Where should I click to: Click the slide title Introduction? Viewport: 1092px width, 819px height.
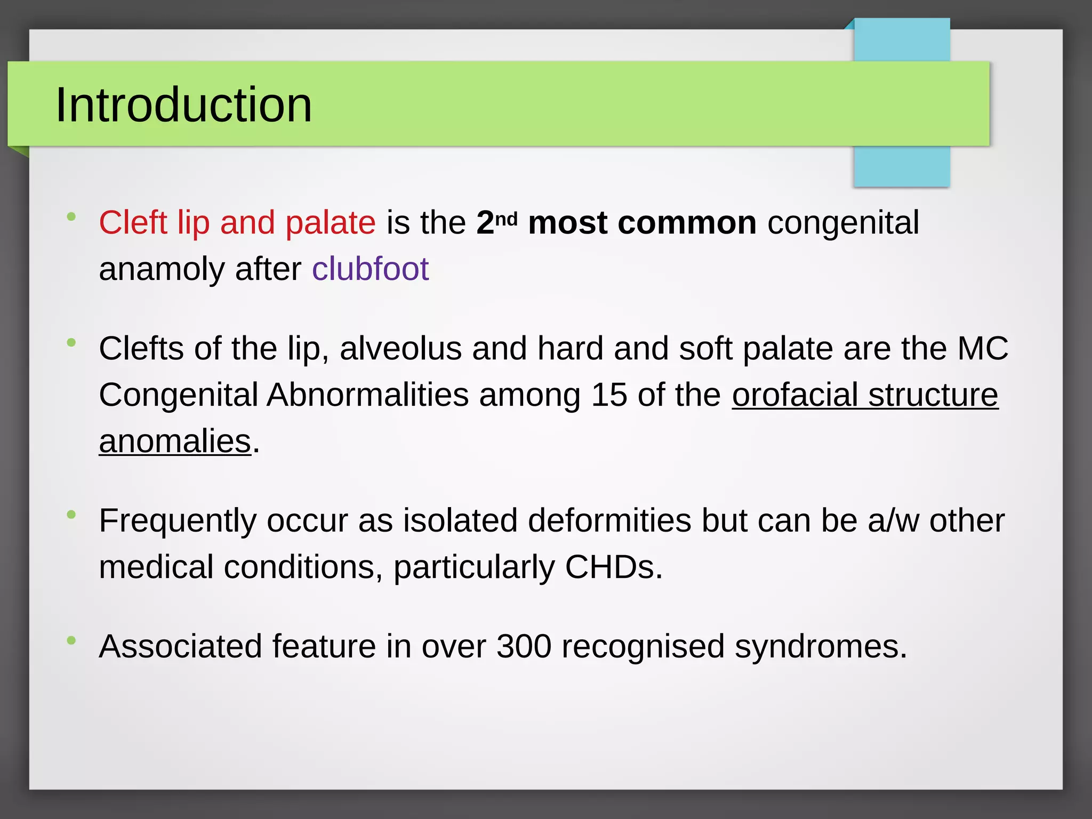183,105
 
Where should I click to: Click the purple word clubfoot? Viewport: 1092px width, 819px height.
370,269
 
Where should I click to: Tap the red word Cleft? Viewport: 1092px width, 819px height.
133,222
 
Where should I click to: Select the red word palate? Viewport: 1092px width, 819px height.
330,223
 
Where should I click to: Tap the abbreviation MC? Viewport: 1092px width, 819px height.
983,349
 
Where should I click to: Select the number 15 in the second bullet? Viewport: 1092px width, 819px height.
608,395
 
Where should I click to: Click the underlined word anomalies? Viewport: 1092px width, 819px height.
175,441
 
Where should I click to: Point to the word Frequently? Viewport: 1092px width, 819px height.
178,521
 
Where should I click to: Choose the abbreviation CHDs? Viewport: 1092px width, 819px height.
613,567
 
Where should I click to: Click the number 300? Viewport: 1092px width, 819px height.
524,646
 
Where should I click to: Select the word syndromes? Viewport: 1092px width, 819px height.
821,647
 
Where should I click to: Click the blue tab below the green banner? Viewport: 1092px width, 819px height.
901,166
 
